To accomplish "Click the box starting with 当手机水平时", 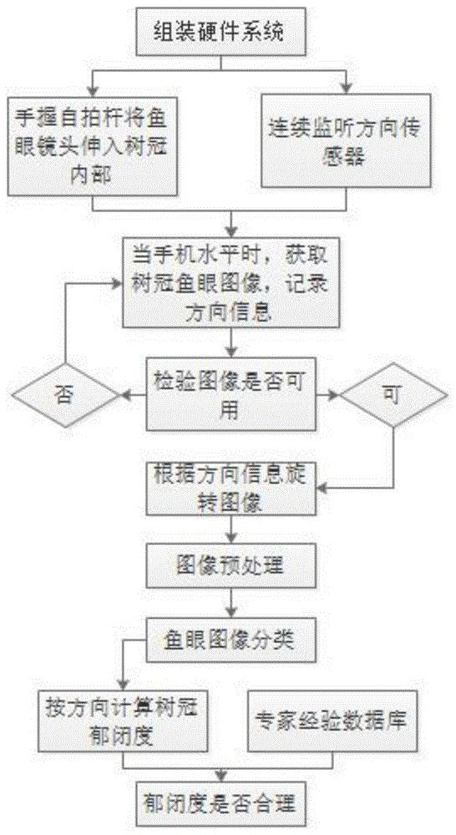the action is (x=231, y=283).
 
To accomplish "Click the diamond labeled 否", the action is (x=65, y=396).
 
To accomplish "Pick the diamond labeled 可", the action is (x=393, y=395).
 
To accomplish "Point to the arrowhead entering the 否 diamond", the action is (x=124, y=396).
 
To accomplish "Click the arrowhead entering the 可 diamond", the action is (x=336, y=395).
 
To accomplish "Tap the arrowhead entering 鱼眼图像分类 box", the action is (x=231, y=614).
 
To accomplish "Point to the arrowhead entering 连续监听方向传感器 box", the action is (x=347, y=89).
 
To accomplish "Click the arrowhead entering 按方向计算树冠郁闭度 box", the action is (x=124, y=687).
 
